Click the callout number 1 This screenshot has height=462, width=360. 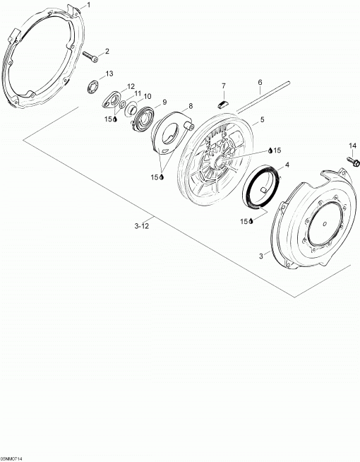tap(89, 5)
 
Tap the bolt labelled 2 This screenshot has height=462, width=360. tap(90, 57)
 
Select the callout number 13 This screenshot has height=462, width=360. tap(109, 73)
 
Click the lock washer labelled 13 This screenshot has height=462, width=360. tap(94, 87)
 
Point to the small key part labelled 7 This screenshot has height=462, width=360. tap(224, 103)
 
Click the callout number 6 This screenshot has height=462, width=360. tap(260, 82)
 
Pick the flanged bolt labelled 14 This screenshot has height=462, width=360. tap(354, 161)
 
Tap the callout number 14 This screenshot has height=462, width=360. tap(352, 146)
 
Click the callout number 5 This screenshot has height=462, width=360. tap(262, 119)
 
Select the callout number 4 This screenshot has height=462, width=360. tap(287, 165)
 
